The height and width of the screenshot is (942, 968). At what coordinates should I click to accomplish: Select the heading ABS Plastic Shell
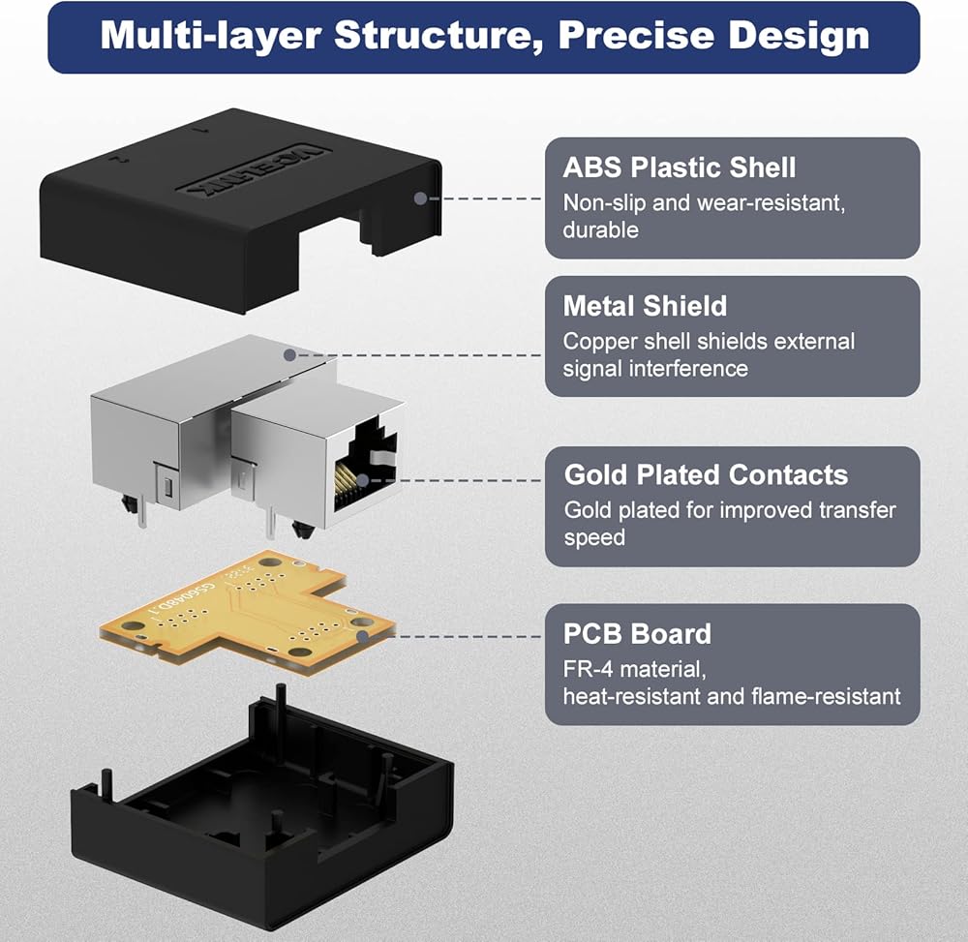[x=680, y=167]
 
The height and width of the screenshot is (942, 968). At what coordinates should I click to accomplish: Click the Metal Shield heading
[x=645, y=306]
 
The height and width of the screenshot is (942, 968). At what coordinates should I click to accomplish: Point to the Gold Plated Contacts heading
[x=706, y=474]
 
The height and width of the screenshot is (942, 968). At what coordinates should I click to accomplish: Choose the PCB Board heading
[x=637, y=634]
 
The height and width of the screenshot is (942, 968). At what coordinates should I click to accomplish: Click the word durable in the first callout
[x=601, y=230]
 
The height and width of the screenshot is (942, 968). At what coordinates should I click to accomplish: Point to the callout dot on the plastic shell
[x=420, y=198]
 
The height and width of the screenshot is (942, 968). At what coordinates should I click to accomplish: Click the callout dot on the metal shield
[x=289, y=355]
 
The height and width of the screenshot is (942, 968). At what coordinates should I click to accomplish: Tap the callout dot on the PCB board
[x=363, y=636]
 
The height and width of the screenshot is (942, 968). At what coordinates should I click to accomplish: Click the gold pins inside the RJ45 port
[x=347, y=481]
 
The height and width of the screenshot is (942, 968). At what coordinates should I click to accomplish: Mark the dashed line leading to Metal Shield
[x=418, y=355]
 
